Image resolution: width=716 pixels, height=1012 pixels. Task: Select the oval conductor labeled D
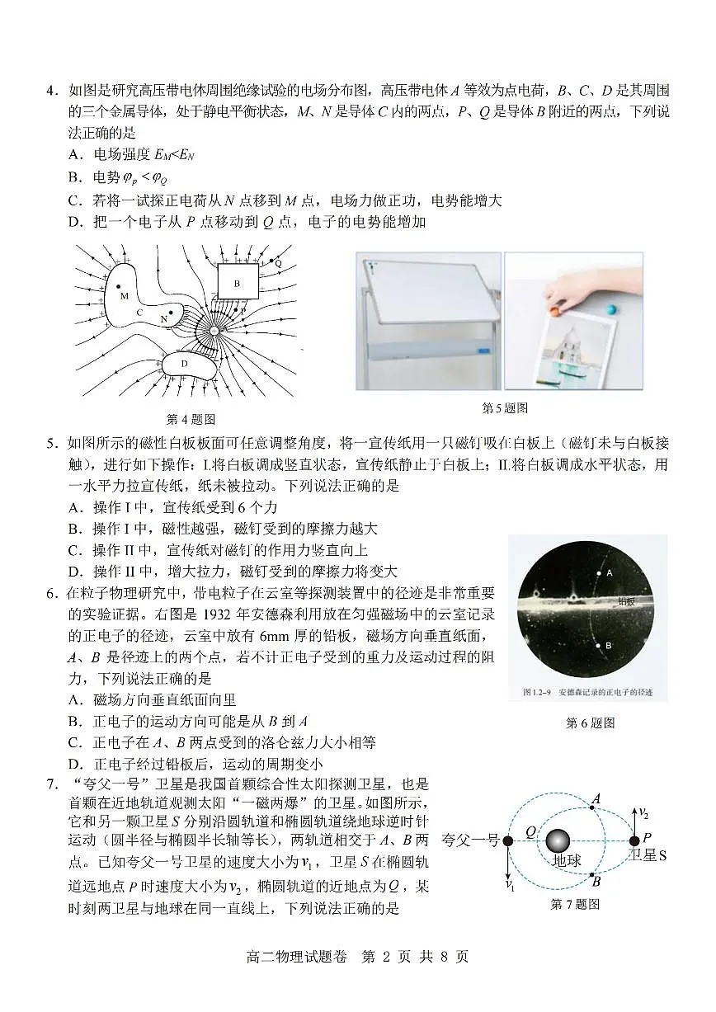coord(186,364)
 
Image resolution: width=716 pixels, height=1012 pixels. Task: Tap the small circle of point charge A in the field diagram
coord(213,331)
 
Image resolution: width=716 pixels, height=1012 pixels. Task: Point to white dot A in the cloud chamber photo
coord(600,572)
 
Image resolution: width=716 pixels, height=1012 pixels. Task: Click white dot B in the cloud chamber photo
coord(599,645)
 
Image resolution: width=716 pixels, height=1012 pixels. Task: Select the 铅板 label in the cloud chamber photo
coord(627,601)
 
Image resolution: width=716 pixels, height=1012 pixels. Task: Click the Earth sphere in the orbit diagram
coord(558,841)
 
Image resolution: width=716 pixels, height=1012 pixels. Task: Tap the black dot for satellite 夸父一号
coord(508,840)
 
